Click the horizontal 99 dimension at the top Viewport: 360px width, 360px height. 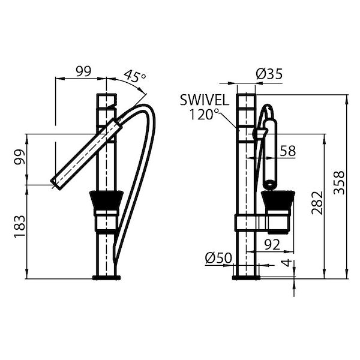click(83, 71)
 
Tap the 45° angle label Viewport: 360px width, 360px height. click(134, 77)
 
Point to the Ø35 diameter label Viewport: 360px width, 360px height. click(269, 74)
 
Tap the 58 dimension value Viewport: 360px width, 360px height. click(287, 151)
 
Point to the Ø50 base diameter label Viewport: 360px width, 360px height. click(218, 258)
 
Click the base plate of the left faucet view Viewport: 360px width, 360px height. click(107, 277)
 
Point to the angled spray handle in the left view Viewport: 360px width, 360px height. click(87, 153)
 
